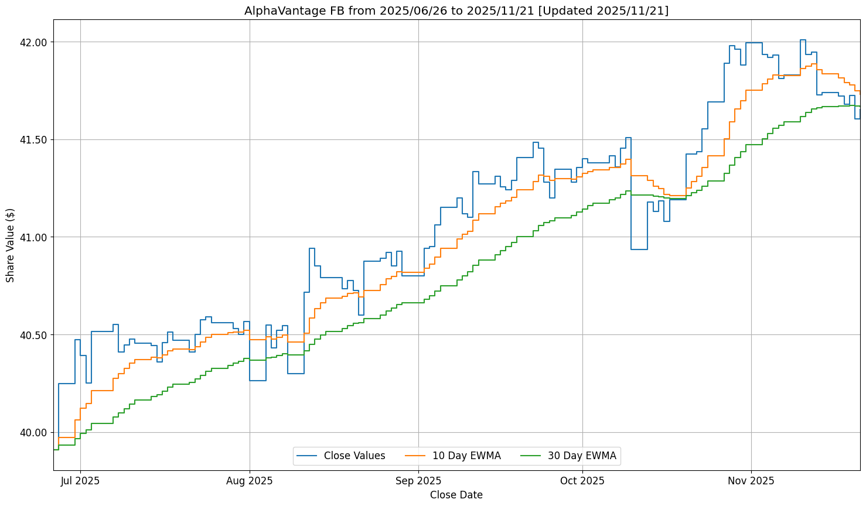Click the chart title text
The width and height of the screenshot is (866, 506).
click(x=456, y=11)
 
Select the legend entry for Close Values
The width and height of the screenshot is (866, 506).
click(x=354, y=456)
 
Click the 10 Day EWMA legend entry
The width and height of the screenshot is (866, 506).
click(x=466, y=456)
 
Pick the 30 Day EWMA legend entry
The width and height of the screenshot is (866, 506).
click(x=582, y=456)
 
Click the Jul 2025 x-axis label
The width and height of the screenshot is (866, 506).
click(x=80, y=481)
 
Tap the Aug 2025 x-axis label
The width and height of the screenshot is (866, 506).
click(x=250, y=481)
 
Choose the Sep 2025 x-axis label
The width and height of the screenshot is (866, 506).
click(x=418, y=481)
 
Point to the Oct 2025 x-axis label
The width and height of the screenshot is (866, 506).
click(x=582, y=481)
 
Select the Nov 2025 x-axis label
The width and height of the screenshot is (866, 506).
click(x=751, y=481)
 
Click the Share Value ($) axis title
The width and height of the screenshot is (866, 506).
click(x=11, y=245)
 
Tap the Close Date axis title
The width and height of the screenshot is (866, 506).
click(x=456, y=495)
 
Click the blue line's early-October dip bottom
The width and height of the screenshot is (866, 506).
click(x=639, y=249)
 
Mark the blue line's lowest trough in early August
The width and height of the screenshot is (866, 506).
click(x=258, y=381)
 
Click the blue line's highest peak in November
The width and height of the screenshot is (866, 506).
click(x=803, y=40)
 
